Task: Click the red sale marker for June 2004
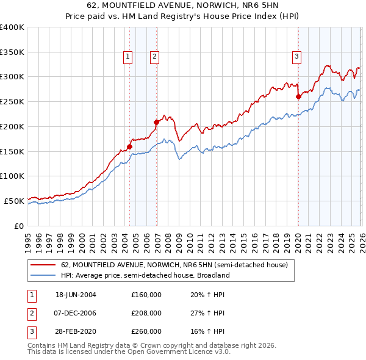pos(129,146)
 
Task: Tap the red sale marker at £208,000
pos(156,122)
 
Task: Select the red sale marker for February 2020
pos(298,96)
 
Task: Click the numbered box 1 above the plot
pos(128,57)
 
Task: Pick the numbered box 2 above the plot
pos(155,57)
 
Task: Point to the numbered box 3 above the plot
pos(296,57)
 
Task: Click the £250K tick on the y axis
pos(12,101)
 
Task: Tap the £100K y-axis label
pos(12,176)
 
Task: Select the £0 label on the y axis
pos(19,226)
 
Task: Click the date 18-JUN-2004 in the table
pos(76,295)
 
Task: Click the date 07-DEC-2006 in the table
pos(76,313)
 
